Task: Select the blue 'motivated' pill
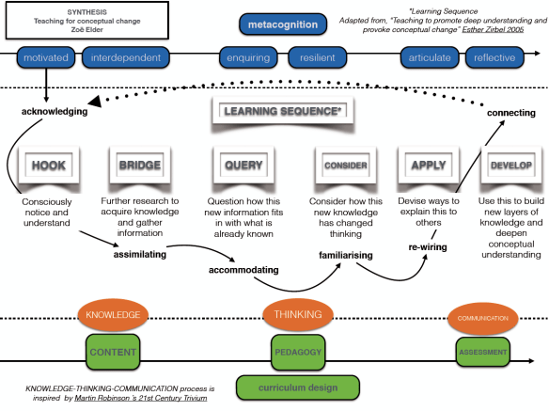pyautogui.click(x=46, y=59)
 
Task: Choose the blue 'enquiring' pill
pyautogui.click(x=248, y=59)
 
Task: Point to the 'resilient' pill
pyautogui.click(x=317, y=59)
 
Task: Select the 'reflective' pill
pyautogui.click(x=494, y=59)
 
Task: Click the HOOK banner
pyautogui.click(x=48, y=166)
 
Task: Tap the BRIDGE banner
pyautogui.click(x=140, y=166)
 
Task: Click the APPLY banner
pyautogui.click(x=427, y=166)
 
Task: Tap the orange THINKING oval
pyautogui.click(x=299, y=315)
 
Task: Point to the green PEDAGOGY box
pyautogui.click(x=299, y=353)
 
